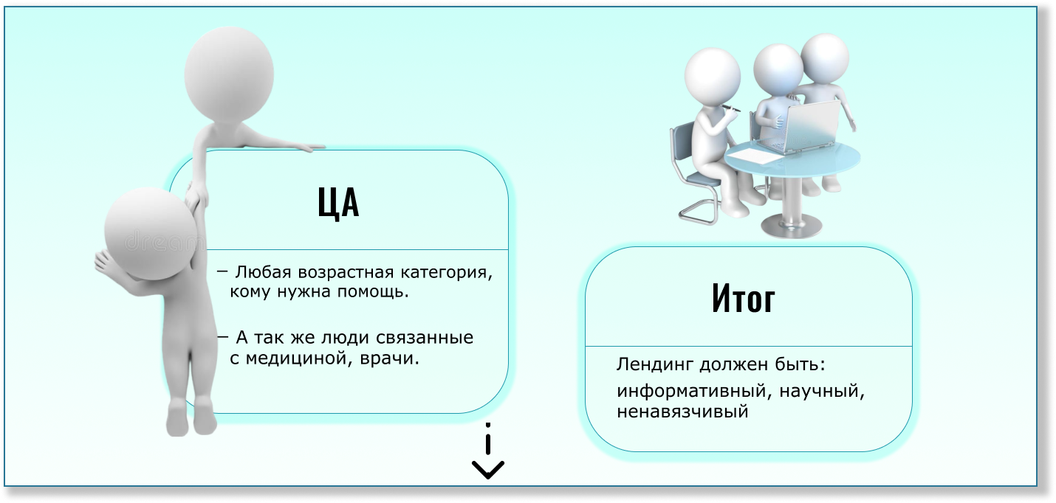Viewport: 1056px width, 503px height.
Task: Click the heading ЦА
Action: (x=338, y=203)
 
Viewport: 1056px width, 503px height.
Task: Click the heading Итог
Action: (x=744, y=298)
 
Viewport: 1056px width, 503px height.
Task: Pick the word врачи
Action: (x=389, y=359)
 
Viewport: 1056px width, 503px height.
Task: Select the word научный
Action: (x=822, y=392)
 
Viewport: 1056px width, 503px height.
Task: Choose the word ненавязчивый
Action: (x=682, y=412)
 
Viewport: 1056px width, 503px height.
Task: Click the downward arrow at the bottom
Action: (x=488, y=451)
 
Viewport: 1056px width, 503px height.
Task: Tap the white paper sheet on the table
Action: (x=753, y=155)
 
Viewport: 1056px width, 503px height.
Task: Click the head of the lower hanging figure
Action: (x=150, y=234)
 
